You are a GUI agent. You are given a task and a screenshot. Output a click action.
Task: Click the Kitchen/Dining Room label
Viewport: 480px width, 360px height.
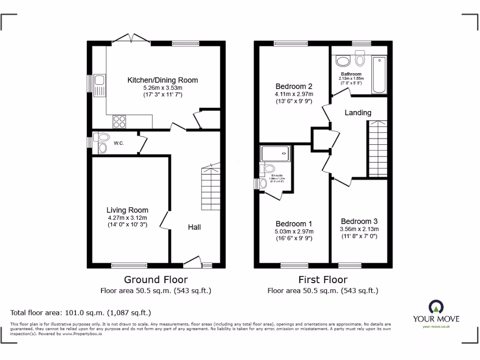pyautogui.click(x=163, y=80)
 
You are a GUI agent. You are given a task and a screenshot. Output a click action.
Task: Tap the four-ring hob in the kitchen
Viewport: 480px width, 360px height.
pyautogui.click(x=119, y=121)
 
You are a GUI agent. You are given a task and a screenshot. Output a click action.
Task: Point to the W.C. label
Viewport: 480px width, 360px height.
pyautogui.click(x=119, y=143)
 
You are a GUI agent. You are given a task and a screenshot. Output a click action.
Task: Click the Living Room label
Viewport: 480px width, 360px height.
pyautogui.click(x=127, y=210)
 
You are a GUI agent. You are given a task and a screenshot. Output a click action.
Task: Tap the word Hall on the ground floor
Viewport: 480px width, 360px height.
pyautogui.click(x=195, y=227)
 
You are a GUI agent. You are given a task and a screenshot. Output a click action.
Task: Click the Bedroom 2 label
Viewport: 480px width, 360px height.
pyautogui.click(x=294, y=86)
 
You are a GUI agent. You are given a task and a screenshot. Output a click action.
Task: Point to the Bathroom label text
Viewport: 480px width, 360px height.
pyautogui.click(x=351, y=74)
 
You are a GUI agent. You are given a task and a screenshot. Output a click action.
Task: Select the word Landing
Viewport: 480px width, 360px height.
pyautogui.click(x=358, y=112)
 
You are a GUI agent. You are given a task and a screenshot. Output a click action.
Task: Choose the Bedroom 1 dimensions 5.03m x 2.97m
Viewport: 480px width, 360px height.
pyautogui.click(x=294, y=231)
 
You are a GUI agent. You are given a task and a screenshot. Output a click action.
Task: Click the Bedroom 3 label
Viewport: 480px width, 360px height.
pyautogui.click(x=359, y=221)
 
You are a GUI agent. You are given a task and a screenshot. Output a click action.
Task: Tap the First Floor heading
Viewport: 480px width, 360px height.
pyautogui.click(x=323, y=280)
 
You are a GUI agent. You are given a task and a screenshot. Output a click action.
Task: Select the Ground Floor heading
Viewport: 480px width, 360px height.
pyautogui.click(x=156, y=280)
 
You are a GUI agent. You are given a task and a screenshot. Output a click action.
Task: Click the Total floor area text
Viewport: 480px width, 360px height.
pyautogui.click(x=81, y=313)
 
